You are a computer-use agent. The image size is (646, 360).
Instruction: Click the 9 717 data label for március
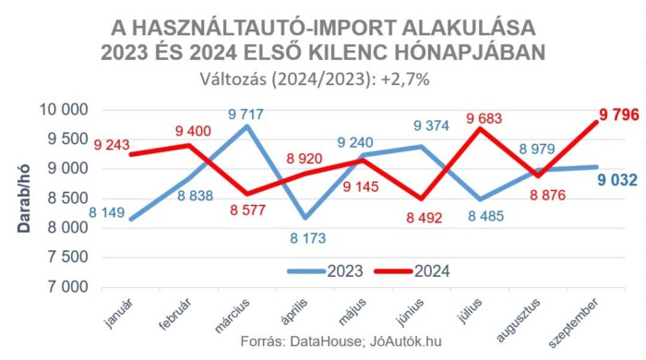245,115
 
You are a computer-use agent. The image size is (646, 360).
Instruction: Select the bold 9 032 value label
613,180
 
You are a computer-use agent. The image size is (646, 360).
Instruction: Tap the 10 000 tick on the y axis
62,111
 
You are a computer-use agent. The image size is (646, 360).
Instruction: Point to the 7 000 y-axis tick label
66,287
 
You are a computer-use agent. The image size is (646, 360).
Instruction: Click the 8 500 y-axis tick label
66,198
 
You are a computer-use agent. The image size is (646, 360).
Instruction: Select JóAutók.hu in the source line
404,342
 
